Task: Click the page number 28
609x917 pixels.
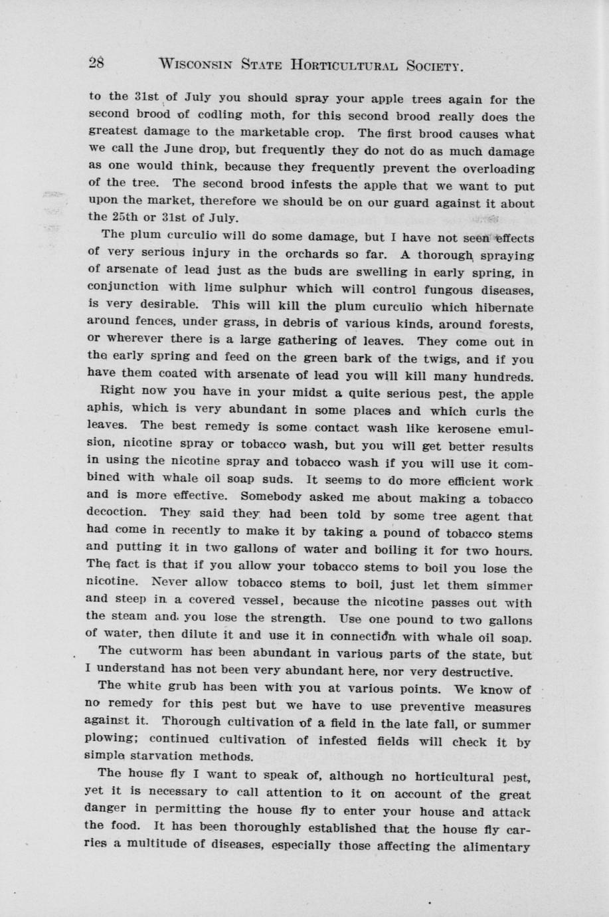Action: pyautogui.click(x=97, y=63)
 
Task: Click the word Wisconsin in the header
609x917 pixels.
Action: pyautogui.click(x=196, y=64)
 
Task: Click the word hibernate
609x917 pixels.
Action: pyautogui.click(x=500, y=308)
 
